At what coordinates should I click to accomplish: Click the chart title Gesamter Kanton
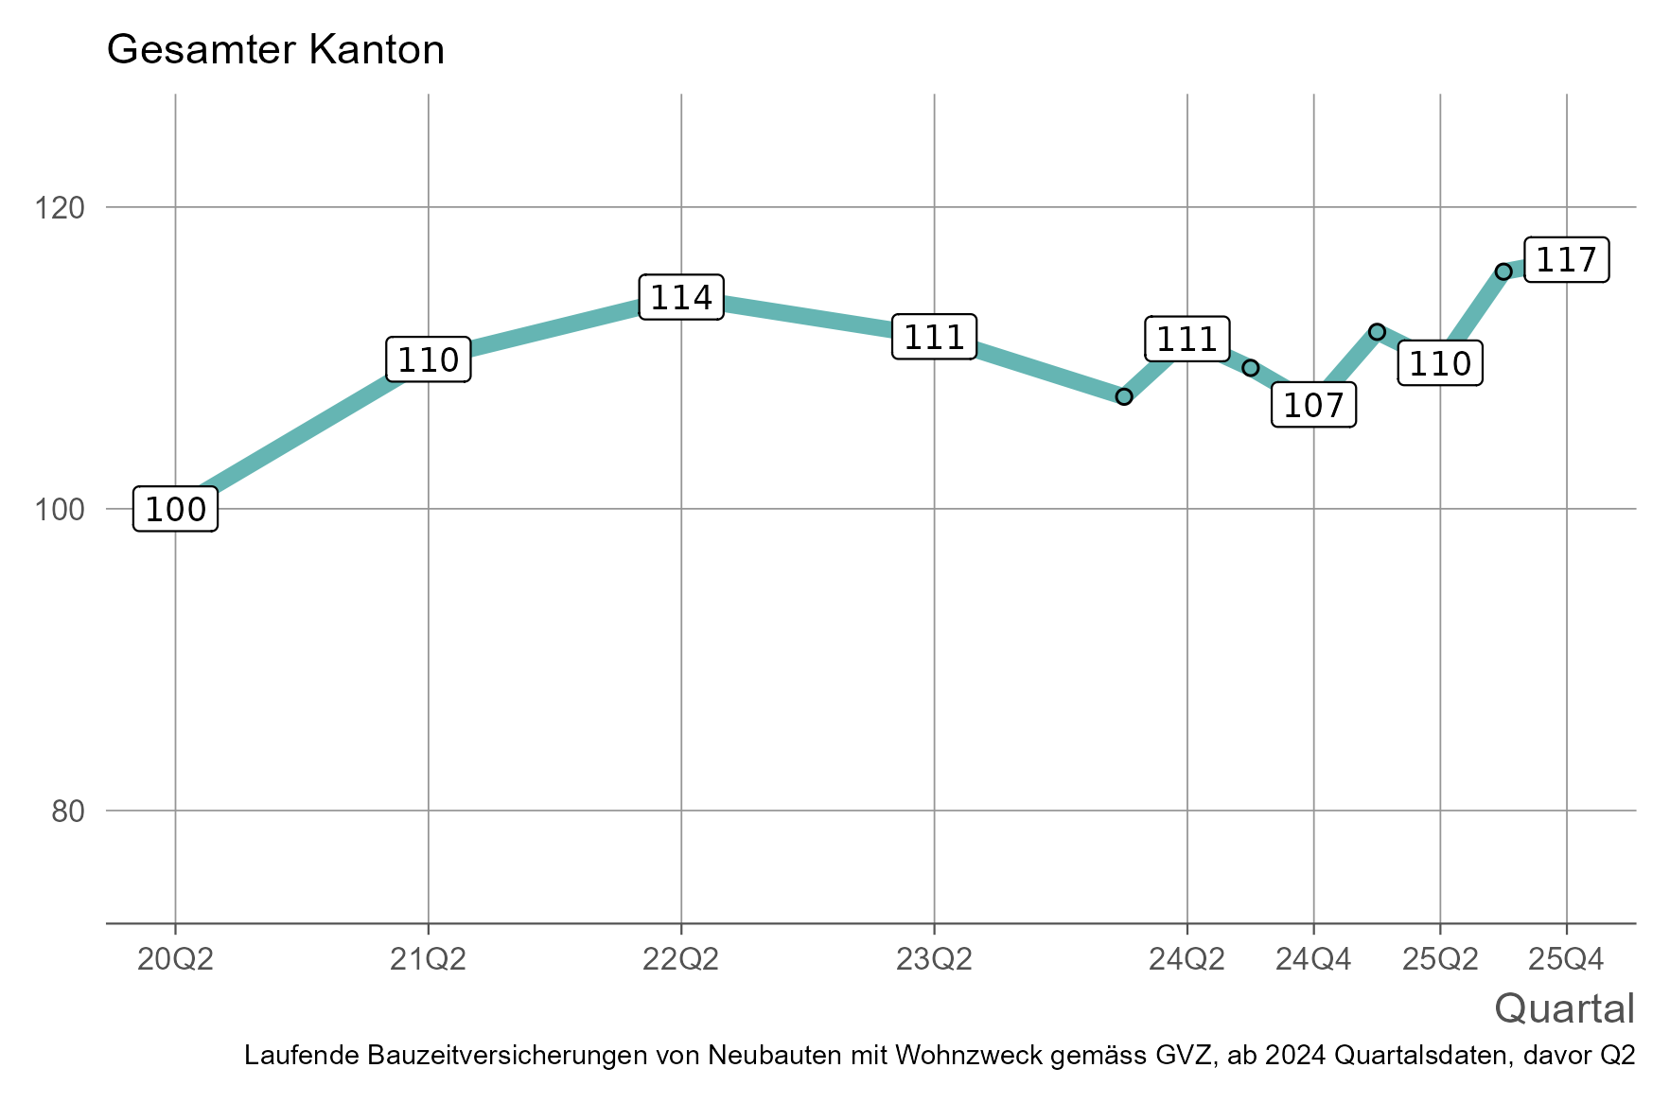click(x=275, y=50)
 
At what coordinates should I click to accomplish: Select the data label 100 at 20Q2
click(x=176, y=510)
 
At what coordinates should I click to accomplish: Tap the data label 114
click(x=681, y=298)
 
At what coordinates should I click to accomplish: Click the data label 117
click(x=1566, y=260)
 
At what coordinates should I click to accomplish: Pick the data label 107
click(x=1313, y=405)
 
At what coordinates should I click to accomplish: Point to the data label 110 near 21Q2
click(x=428, y=359)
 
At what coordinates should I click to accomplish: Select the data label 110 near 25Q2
click(x=1439, y=363)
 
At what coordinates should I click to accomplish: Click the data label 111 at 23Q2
click(x=934, y=337)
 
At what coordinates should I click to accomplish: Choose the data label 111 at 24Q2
click(x=1187, y=339)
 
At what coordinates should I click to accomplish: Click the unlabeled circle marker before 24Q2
click(x=1124, y=396)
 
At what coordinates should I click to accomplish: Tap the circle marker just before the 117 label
click(x=1503, y=271)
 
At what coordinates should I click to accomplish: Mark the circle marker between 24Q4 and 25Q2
click(x=1377, y=332)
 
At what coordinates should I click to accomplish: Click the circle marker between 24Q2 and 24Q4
click(x=1251, y=368)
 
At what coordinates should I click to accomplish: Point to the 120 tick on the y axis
click(x=59, y=207)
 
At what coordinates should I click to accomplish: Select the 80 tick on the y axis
click(x=66, y=811)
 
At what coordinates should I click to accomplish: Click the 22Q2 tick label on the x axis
click(x=681, y=960)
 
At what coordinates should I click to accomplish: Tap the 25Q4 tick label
click(x=1566, y=960)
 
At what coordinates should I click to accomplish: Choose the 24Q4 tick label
click(x=1313, y=960)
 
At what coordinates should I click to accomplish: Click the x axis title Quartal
click(x=1564, y=1009)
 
